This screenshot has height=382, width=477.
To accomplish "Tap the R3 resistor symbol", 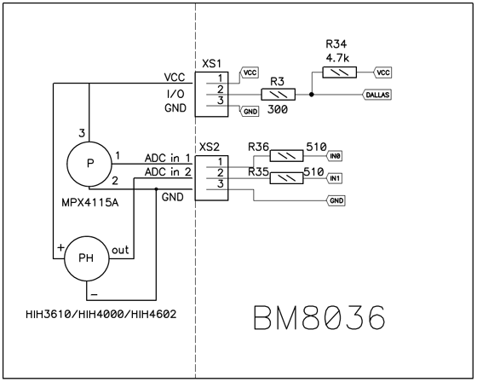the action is point(278,95).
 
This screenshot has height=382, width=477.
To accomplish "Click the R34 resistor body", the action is point(340,72).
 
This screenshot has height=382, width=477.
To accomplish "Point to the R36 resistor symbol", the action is point(286,156).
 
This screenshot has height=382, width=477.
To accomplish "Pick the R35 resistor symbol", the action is point(286,178).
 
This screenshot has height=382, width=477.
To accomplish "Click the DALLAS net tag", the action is point(376,95).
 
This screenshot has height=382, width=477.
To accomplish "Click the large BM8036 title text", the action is point(319,317).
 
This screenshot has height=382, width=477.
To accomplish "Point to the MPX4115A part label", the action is point(90,202).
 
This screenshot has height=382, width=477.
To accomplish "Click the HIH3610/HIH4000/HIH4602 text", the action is point(101,314).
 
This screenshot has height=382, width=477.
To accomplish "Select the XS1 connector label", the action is point(212,64).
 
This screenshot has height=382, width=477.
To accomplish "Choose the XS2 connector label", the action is point(209,148).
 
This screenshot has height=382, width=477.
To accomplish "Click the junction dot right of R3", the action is point(311,95).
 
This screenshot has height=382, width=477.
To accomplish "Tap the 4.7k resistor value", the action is point(337,58).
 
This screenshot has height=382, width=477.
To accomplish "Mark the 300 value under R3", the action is point(278,109).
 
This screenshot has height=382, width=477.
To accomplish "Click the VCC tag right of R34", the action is point(382,72).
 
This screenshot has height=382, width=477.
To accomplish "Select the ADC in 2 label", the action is point(168,172).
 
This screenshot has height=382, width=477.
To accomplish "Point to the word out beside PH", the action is point(120,250).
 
